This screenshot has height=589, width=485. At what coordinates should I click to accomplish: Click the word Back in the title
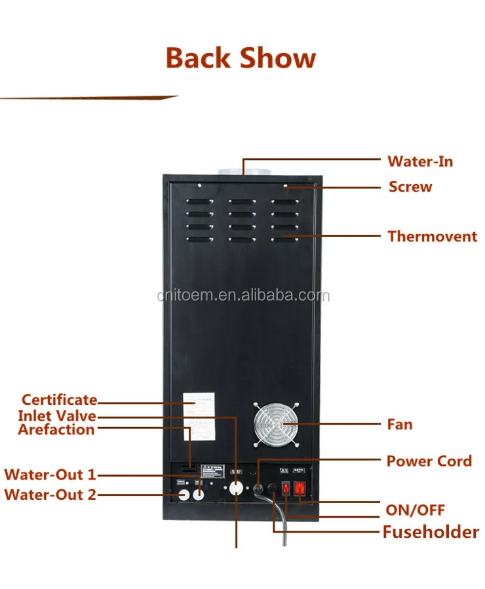click(199, 58)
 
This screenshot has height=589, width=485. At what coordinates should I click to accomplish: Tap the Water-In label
click(419, 161)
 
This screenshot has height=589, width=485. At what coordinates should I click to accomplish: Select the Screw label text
click(410, 187)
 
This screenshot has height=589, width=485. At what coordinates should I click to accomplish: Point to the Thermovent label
click(432, 236)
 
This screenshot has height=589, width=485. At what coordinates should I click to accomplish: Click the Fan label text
click(400, 424)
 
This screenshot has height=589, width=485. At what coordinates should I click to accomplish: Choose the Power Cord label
click(429, 461)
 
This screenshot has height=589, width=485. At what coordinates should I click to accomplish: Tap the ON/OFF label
click(415, 510)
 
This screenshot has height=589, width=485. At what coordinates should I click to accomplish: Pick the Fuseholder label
click(431, 531)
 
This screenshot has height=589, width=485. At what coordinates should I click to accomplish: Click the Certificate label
click(59, 400)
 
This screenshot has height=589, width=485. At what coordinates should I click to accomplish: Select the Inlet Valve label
click(56, 416)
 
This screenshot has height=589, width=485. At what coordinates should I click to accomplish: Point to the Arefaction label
click(56, 430)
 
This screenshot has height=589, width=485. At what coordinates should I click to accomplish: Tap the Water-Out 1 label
click(50, 474)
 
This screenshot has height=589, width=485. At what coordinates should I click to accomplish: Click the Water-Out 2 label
click(50, 494)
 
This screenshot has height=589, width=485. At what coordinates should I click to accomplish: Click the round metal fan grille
click(275, 425)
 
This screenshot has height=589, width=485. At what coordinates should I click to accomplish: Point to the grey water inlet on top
click(243, 172)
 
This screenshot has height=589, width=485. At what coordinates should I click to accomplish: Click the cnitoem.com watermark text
click(243, 296)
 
